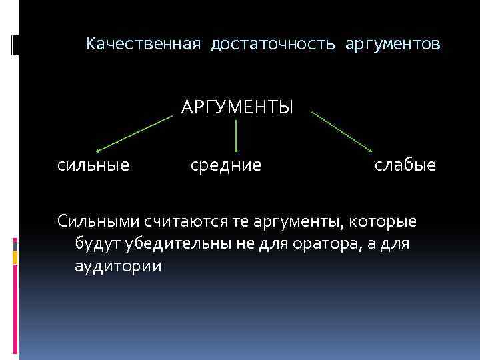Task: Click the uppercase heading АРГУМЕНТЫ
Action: coord(237,107)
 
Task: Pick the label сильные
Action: coord(93,164)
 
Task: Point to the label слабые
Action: coord(405,164)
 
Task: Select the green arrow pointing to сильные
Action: coord(133,134)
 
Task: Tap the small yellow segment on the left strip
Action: coord(15,256)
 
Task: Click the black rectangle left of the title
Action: coord(15,45)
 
